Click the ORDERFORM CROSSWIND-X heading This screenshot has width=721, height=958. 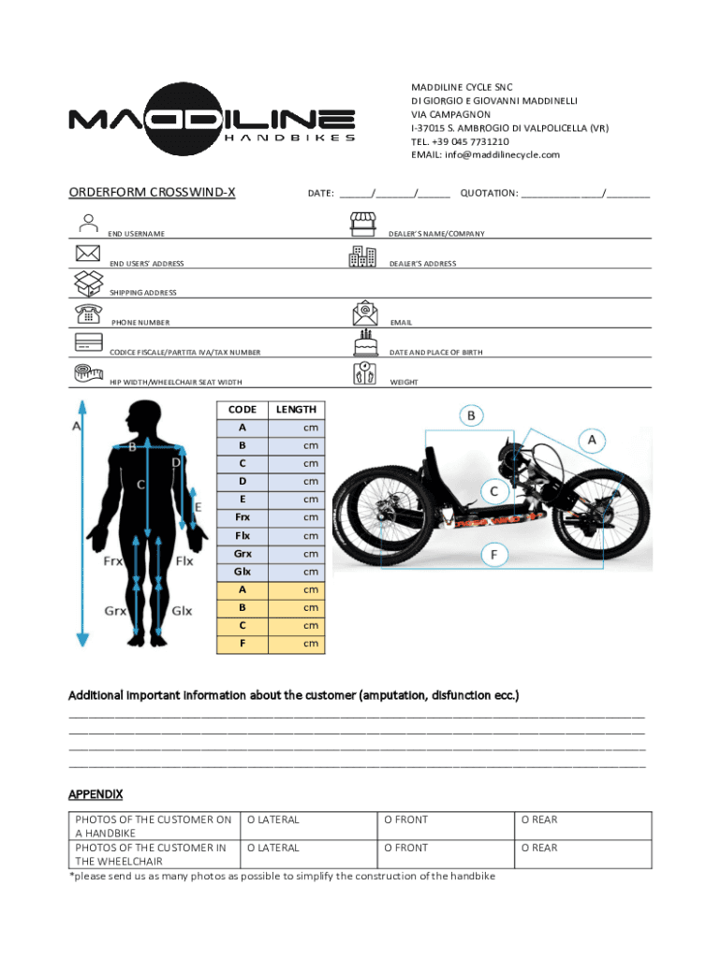tap(152, 194)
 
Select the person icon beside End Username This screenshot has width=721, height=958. tap(88, 224)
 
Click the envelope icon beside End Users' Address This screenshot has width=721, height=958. tap(87, 254)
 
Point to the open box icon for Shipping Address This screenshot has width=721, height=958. tap(87, 282)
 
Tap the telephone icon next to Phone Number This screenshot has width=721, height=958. tap(87, 312)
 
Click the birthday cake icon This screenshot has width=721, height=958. tap(363, 341)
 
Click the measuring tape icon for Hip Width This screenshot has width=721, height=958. tap(87, 372)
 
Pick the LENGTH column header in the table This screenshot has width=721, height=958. tap(296, 410)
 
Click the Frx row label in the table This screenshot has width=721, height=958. tap(243, 517)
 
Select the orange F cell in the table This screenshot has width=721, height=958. tap(243, 644)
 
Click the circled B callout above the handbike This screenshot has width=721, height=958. tap(471, 415)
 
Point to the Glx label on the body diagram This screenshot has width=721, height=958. tap(182, 611)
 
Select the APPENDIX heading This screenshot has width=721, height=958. tap(96, 794)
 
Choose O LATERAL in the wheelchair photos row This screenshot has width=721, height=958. tap(272, 848)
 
